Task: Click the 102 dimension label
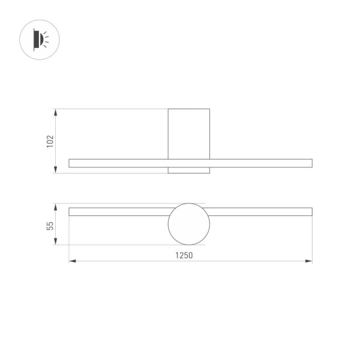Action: click(x=50, y=141)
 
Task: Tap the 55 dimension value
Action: click(x=50, y=226)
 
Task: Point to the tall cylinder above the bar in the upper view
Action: click(x=189, y=133)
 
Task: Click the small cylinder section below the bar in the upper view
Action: click(x=189, y=170)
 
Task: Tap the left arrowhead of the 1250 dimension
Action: click(x=72, y=261)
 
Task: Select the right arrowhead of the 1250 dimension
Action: click(x=309, y=261)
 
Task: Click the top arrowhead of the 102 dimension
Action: click(x=56, y=112)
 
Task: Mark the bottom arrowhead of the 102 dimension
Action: click(x=56, y=170)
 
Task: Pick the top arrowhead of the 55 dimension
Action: click(x=56, y=206)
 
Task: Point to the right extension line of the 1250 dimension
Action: click(x=312, y=240)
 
